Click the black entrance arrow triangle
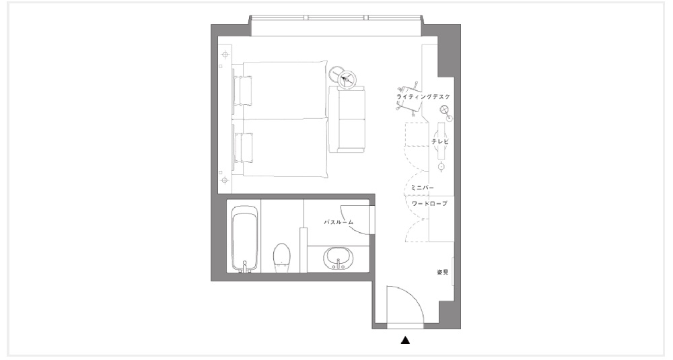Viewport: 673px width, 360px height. (x=405, y=340)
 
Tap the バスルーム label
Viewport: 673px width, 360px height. (x=339, y=222)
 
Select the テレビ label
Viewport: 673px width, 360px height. (x=440, y=141)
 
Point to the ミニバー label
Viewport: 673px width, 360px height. (x=423, y=188)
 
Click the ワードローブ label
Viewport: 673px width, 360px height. (x=429, y=203)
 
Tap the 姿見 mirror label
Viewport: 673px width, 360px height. (x=443, y=272)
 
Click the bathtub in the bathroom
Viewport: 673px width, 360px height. (x=245, y=239)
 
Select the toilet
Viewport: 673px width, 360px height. (x=281, y=258)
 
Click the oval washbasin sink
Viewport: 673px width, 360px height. (x=339, y=258)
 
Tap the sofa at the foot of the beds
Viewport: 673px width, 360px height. (x=347, y=119)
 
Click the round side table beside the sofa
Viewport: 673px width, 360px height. (x=347, y=79)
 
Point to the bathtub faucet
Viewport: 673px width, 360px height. (x=245, y=267)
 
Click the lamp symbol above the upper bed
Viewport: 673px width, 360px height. (x=225, y=55)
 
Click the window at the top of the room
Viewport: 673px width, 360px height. (x=336, y=17)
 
